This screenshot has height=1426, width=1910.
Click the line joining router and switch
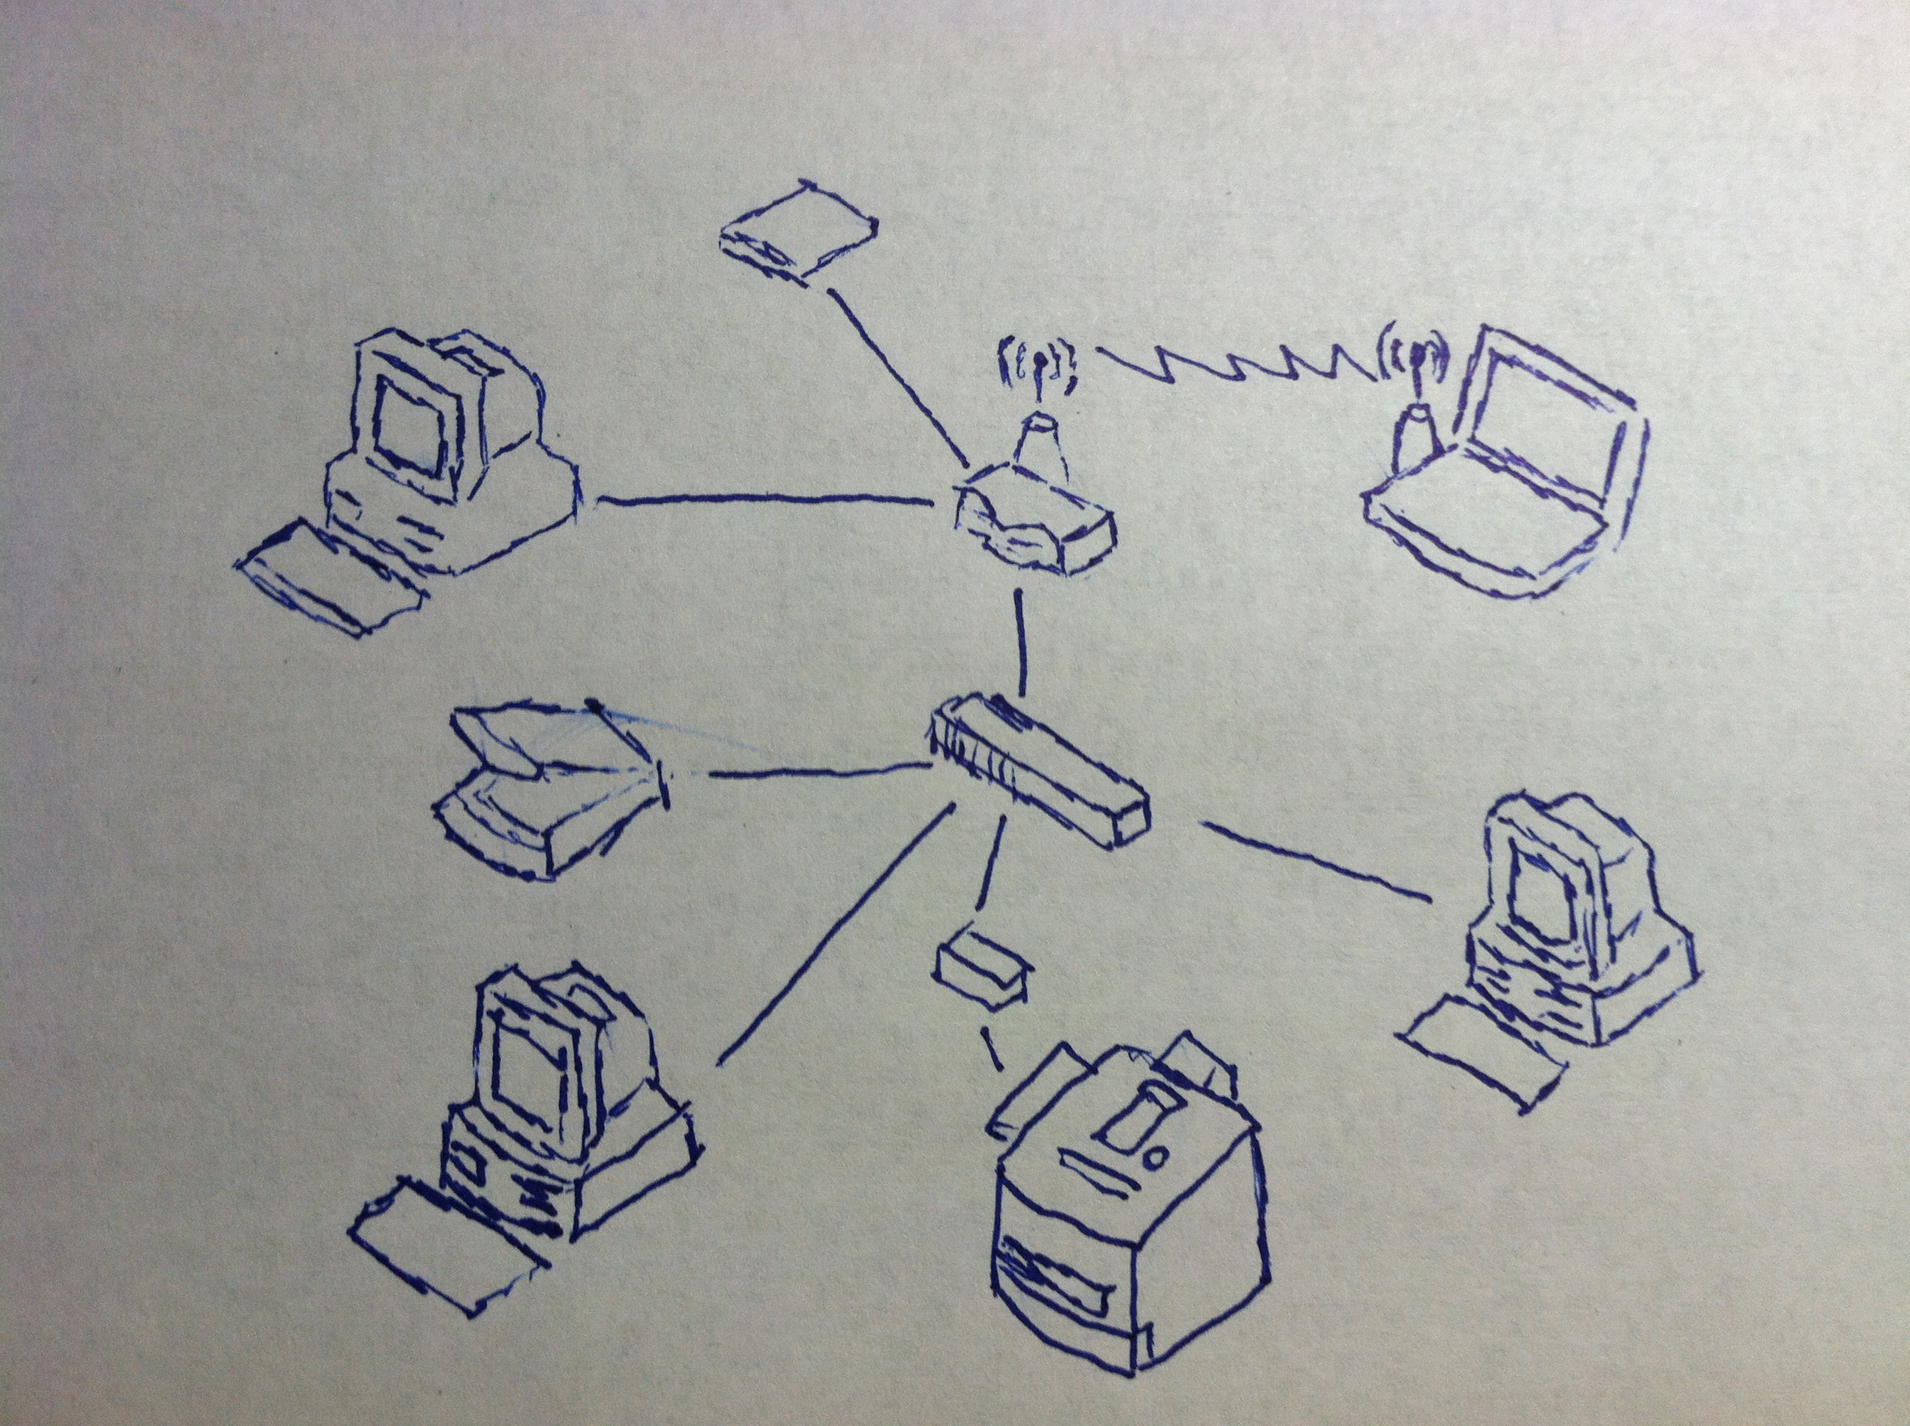click(1021, 643)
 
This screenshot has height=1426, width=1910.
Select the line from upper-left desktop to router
click(760, 499)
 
